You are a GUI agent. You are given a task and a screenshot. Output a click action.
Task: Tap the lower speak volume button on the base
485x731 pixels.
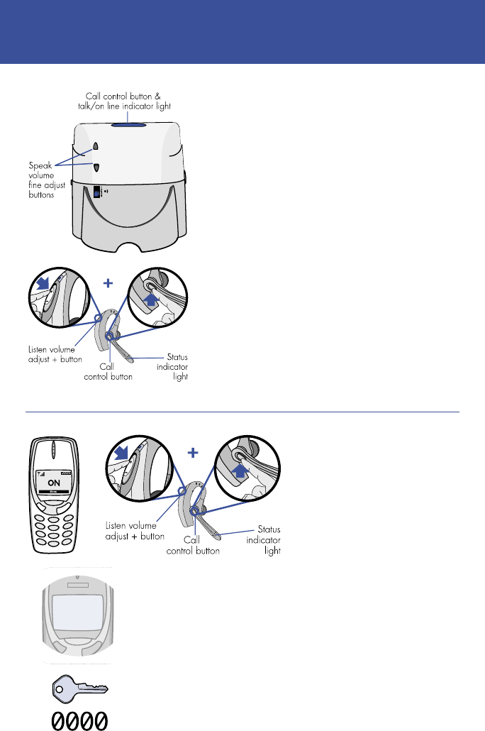coord(96,168)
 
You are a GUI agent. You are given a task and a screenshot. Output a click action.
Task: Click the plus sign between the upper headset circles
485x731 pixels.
coord(108,282)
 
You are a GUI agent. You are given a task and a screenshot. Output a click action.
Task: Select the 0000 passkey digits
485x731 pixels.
coord(79,720)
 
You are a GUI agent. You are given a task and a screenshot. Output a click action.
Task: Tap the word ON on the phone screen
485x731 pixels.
coord(55,483)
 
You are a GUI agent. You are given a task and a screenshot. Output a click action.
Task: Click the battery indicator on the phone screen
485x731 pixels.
coord(67,473)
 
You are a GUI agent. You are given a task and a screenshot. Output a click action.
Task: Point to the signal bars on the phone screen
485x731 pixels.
coord(41,473)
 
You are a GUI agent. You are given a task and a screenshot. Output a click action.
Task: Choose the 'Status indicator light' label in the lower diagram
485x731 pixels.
coord(265,539)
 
